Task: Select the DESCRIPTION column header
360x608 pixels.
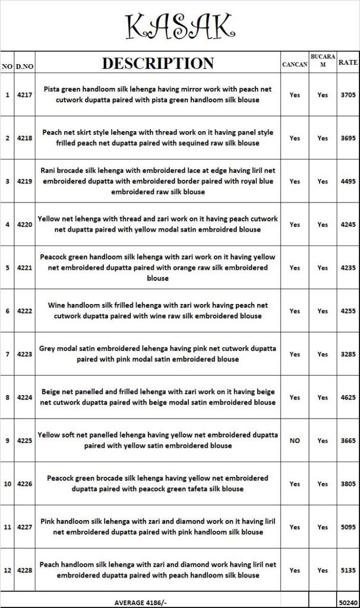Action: [157, 63]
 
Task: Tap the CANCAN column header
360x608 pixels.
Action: [294, 64]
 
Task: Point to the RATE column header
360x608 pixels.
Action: [348, 62]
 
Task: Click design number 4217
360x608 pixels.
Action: [24, 94]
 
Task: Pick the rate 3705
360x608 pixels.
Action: [348, 94]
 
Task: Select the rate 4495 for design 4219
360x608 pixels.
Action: [348, 181]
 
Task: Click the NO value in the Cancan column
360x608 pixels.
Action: [295, 441]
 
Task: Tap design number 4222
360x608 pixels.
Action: [24, 311]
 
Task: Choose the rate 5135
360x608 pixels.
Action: [348, 570]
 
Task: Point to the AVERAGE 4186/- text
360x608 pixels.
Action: [140, 601]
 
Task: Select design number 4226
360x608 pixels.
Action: [24, 484]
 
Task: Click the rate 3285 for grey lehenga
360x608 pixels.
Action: [348, 354]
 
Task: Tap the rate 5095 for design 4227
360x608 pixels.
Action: [348, 527]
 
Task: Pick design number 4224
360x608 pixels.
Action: [24, 397]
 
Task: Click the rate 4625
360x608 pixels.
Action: [348, 397]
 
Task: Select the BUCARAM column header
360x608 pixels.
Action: [323, 61]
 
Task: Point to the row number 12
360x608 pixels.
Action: [7, 570]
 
